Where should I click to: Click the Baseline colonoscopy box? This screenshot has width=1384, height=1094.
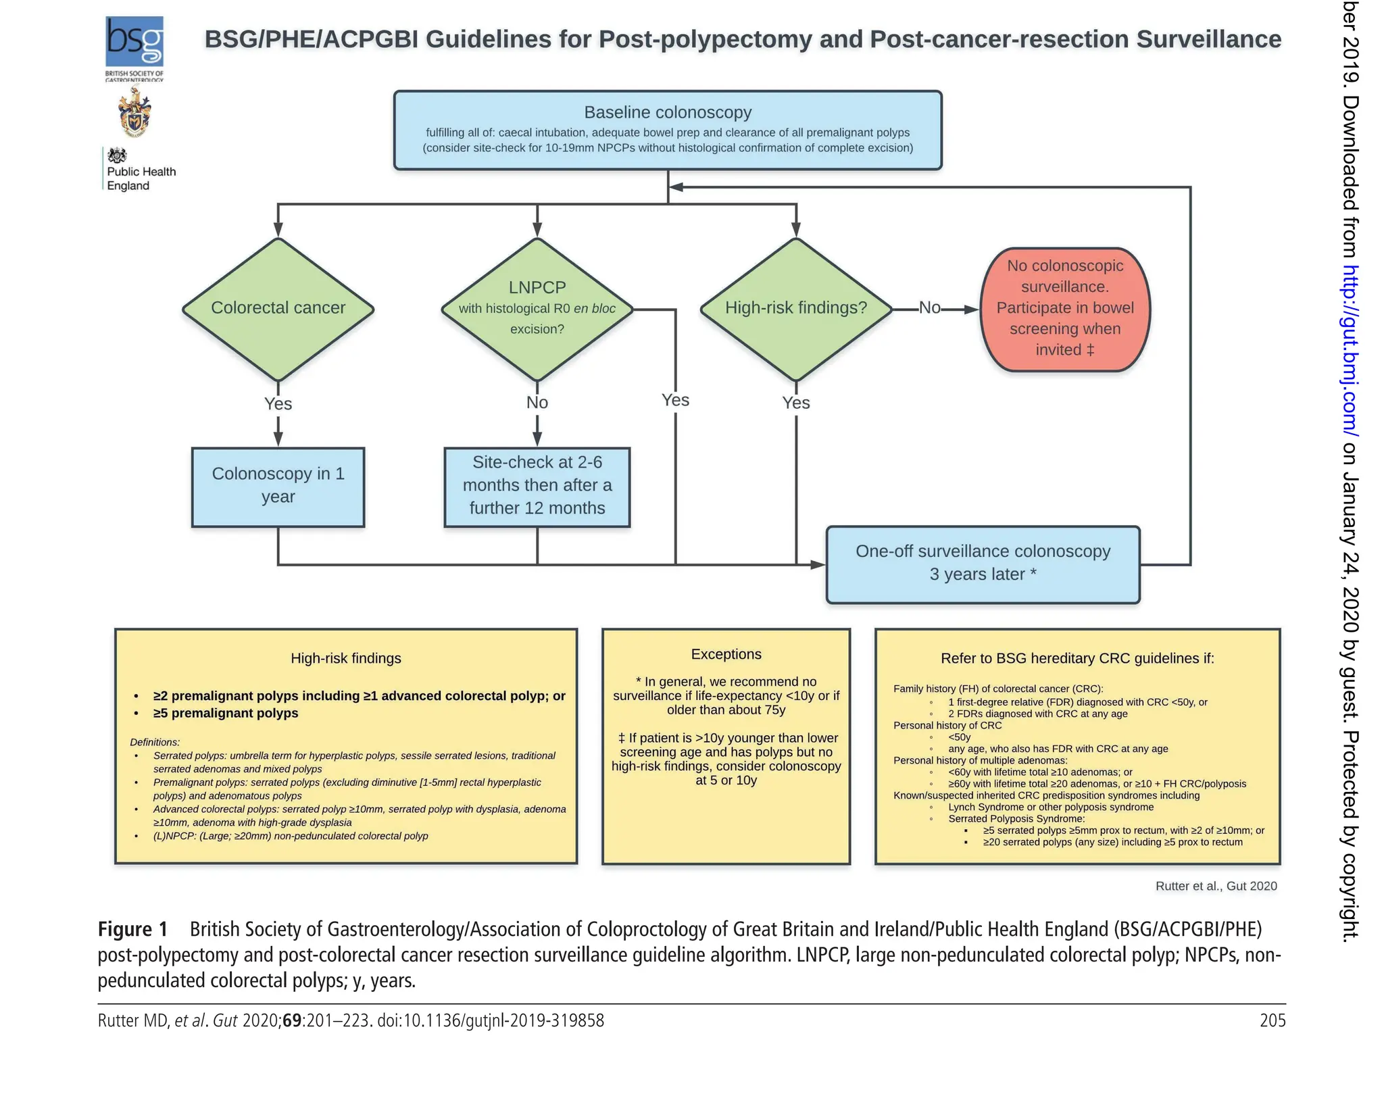pos(667,130)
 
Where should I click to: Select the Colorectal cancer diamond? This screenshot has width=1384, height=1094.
pos(278,309)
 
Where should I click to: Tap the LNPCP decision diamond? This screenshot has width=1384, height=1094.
pos(537,309)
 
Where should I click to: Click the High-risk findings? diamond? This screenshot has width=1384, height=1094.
pos(795,309)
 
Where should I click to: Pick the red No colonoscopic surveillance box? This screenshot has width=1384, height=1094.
pos(1064,309)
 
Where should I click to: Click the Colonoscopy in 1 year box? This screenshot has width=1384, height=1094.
pos(278,487)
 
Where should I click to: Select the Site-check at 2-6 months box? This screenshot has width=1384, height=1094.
pos(537,486)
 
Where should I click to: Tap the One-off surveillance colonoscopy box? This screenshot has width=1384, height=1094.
pos(983,564)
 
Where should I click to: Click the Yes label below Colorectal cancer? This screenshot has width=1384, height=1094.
pos(278,404)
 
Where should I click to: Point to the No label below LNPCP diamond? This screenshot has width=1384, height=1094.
pos(537,403)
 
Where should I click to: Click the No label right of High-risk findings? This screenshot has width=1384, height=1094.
pos(930,308)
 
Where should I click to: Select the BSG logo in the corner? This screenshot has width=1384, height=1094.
pos(134,43)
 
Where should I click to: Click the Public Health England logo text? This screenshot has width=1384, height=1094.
pos(141,178)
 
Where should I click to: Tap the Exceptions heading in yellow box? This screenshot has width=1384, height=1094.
pos(726,654)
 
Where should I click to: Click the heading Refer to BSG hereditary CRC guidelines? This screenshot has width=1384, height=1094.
pos(1077,658)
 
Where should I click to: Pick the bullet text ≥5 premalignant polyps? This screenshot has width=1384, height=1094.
pos(226,713)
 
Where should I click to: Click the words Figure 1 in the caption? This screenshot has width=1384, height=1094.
pos(132,930)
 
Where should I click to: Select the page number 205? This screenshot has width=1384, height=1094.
pos(1272,1020)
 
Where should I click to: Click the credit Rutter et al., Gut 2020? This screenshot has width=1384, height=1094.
pos(1216,886)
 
